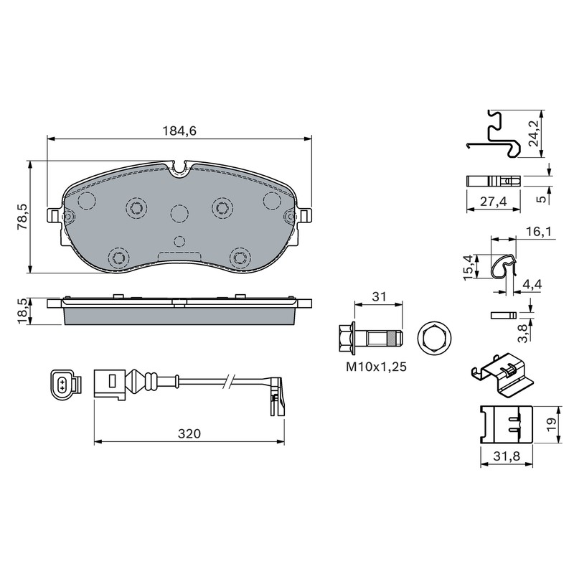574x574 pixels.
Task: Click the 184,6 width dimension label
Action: click(x=179, y=131)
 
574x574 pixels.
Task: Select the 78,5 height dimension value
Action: click(x=23, y=217)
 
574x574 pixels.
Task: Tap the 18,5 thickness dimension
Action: click(x=23, y=311)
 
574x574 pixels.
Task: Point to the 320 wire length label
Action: click(x=189, y=433)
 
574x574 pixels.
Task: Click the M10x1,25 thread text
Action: click(x=376, y=367)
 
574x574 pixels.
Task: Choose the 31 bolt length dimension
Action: click(x=379, y=296)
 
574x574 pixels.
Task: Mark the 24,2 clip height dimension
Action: click(x=534, y=133)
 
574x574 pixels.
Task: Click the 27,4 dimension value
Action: click(x=494, y=201)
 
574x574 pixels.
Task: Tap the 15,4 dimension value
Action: click(x=469, y=268)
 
